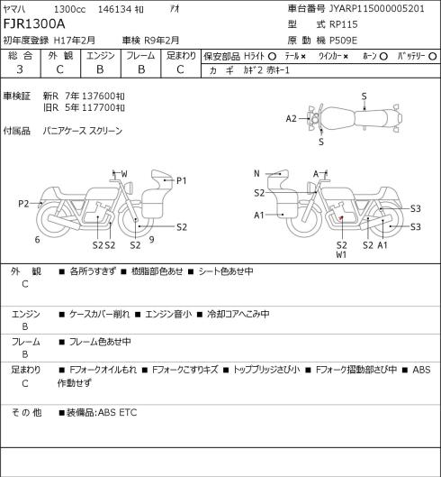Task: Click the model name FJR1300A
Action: coord(34,24)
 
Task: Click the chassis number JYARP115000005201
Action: coord(376,8)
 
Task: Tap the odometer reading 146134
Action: coord(114,9)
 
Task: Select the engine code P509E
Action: coord(343,41)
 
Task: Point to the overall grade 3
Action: coord(20,69)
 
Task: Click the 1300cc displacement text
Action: coord(69,9)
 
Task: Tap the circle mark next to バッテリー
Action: coord(433,57)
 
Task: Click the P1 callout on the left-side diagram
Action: coord(181,180)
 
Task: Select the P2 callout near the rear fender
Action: coord(23,204)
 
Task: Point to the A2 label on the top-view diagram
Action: coord(291,119)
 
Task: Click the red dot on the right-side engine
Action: coord(341,217)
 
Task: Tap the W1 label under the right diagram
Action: coord(341,255)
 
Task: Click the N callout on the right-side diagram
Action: coord(256,174)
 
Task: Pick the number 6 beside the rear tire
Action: coord(37,240)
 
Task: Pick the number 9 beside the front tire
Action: coord(151,240)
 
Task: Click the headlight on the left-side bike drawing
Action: coord(130,188)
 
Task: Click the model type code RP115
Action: coord(344,24)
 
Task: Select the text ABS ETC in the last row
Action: coord(118,412)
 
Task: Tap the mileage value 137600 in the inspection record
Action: coord(99,96)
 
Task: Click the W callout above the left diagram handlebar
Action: coord(124,174)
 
